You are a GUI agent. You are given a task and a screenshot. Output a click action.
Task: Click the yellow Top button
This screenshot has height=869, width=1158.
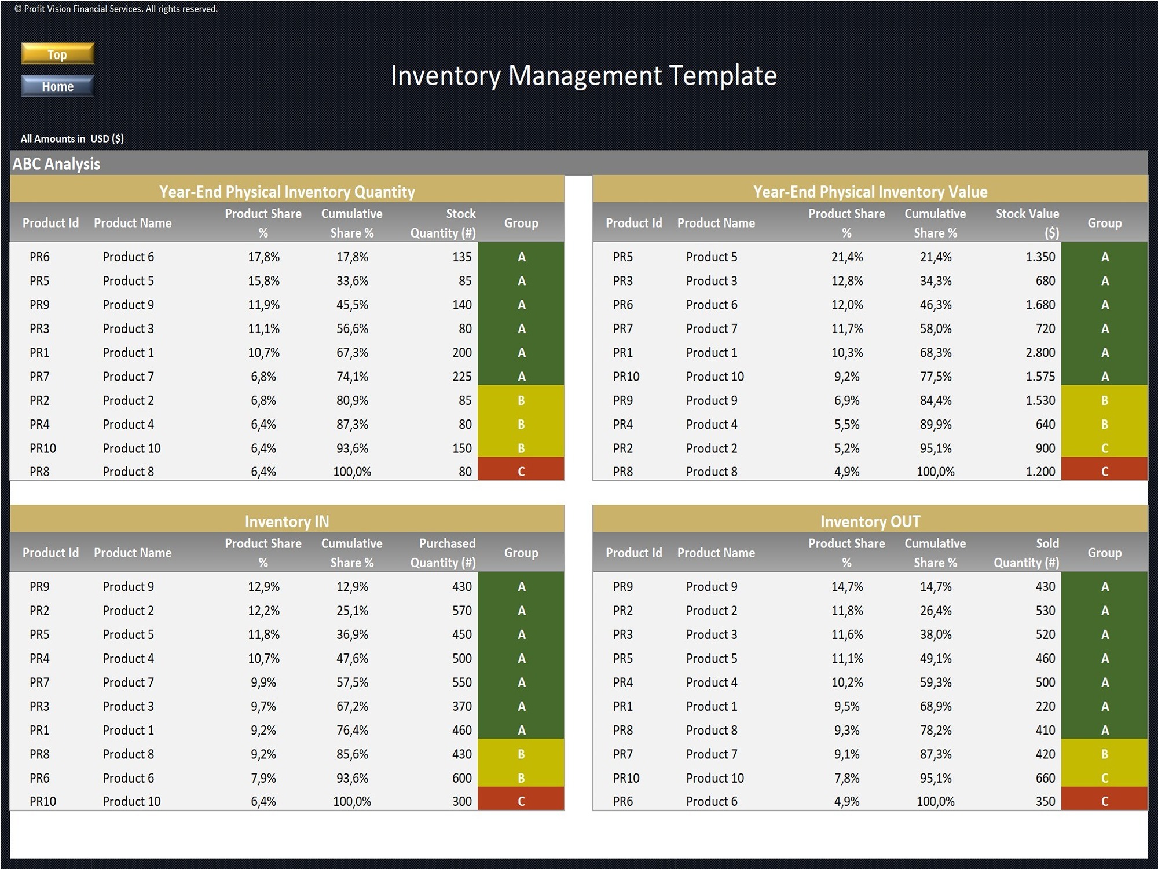[x=57, y=54]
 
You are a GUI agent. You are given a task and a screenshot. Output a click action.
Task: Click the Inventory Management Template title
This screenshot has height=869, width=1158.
[x=584, y=76]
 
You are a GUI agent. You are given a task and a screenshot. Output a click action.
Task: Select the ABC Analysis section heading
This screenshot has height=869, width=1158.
[x=56, y=164]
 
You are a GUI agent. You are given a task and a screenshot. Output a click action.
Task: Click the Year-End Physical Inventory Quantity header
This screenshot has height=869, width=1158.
[x=287, y=192]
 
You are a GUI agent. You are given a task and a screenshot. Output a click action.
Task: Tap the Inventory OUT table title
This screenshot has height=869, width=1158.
[x=870, y=521]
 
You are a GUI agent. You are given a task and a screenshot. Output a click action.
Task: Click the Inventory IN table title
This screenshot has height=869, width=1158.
[x=287, y=521]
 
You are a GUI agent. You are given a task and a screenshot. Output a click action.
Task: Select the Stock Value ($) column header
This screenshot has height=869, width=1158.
[x=1027, y=223]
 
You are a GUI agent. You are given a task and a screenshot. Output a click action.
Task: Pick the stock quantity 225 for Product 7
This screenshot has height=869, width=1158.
[x=461, y=377]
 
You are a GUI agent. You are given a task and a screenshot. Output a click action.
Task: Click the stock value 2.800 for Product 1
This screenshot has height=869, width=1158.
[x=1040, y=353]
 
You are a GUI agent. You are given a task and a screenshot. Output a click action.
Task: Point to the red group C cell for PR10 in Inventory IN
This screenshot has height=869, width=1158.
[x=521, y=801]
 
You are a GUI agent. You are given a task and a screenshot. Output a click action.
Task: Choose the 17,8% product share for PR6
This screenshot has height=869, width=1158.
[x=263, y=257]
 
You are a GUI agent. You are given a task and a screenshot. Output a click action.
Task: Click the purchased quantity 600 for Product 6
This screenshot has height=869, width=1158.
[x=461, y=778]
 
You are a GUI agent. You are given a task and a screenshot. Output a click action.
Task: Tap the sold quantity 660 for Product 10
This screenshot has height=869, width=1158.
[x=1045, y=778]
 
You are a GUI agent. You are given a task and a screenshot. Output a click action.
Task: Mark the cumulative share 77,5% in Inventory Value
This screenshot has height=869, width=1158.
[x=935, y=377]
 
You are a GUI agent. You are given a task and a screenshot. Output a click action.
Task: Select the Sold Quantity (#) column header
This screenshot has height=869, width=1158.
[x=1027, y=553]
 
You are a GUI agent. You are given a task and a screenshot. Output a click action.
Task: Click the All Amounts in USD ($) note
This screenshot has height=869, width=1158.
[x=72, y=138]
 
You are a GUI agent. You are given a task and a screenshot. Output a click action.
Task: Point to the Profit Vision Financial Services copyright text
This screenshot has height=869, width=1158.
[x=116, y=9]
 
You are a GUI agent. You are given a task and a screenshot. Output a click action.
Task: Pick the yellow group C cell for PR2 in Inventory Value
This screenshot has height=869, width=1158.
[x=1104, y=448]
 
